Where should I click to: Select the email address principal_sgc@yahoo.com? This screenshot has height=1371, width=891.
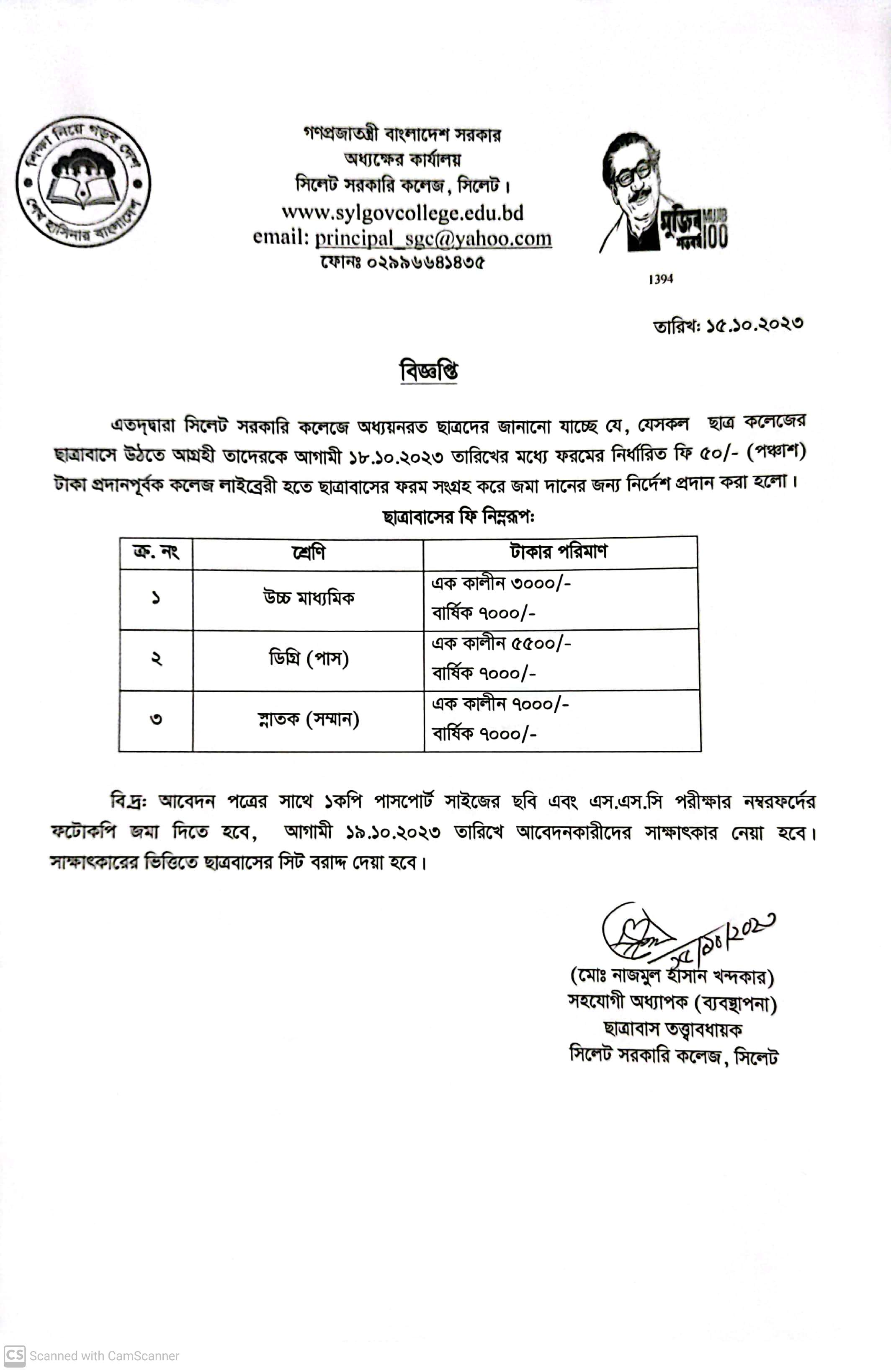[433, 238]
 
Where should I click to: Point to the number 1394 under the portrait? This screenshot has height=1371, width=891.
[661, 279]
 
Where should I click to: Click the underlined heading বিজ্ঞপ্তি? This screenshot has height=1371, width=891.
[429, 371]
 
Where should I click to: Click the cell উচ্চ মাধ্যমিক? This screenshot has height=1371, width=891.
[309, 598]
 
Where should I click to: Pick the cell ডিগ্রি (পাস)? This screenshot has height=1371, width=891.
[309, 658]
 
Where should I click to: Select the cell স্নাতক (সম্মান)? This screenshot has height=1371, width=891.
[309, 719]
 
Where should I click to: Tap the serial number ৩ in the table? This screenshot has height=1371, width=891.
[155, 719]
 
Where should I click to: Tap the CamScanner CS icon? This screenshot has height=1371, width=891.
[14, 1356]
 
